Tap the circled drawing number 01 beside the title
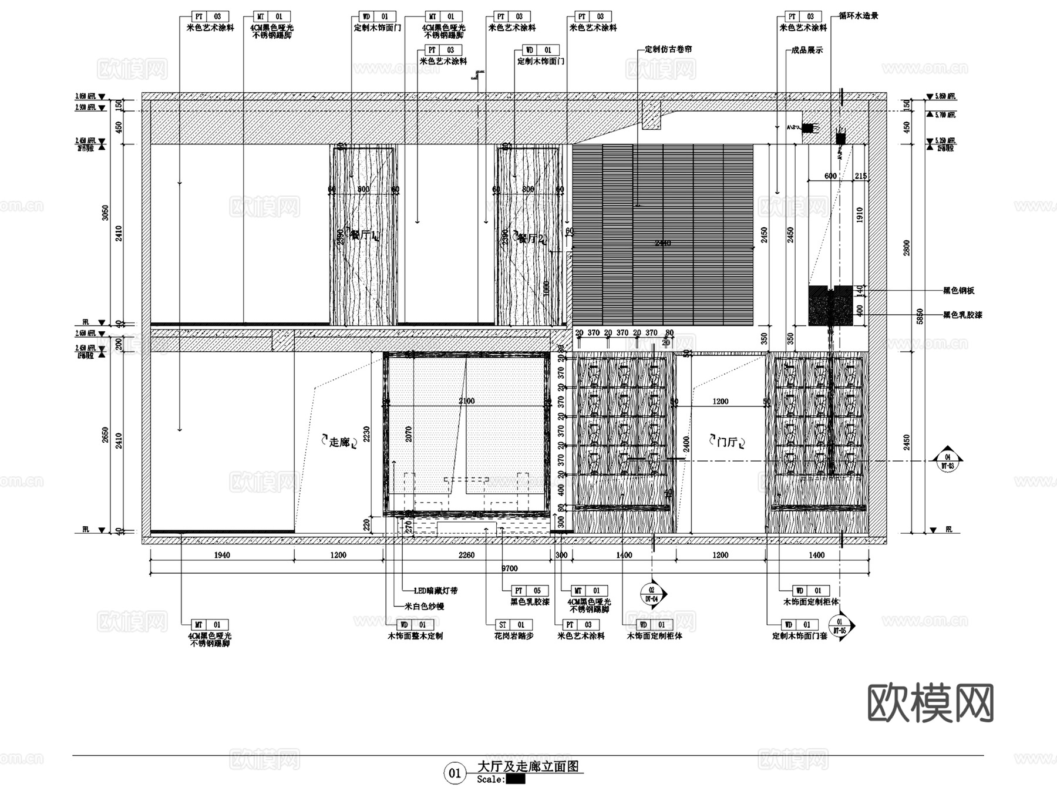click(x=455, y=773)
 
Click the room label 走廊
click(x=339, y=442)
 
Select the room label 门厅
click(x=727, y=442)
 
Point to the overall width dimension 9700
click(x=509, y=568)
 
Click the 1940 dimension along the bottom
click(x=222, y=555)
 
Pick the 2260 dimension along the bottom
click(x=466, y=555)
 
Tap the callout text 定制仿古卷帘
click(x=668, y=49)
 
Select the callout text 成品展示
click(x=807, y=51)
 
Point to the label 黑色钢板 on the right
click(x=959, y=291)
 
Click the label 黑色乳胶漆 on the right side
click(x=962, y=315)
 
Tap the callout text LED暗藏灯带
click(x=436, y=591)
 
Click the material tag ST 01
click(x=511, y=625)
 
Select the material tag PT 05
click(x=527, y=591)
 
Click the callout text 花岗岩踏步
click(x=514, y=636)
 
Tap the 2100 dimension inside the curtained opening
click(x=466, y=401)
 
